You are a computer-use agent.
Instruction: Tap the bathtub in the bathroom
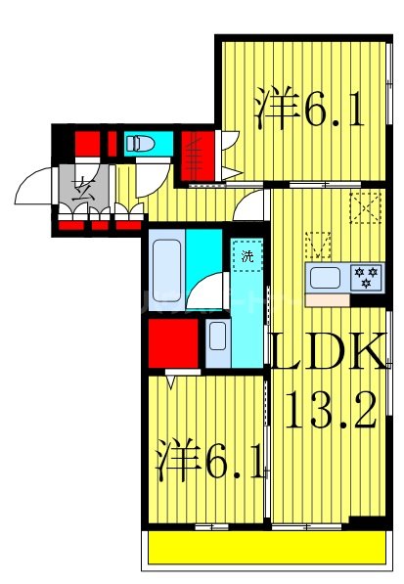click(x=167, y=267)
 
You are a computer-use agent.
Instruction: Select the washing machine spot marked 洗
click(x=247, y=257)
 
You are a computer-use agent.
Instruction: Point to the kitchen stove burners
click(x=366, y=277)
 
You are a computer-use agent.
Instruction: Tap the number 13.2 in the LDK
click(x=330, y=411)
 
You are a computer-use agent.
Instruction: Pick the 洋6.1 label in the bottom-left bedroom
click(x=210, y=461)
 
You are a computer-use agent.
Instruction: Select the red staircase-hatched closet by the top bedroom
click(x=195, y=154)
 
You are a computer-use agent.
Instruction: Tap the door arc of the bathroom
click(x=208, y=291)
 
